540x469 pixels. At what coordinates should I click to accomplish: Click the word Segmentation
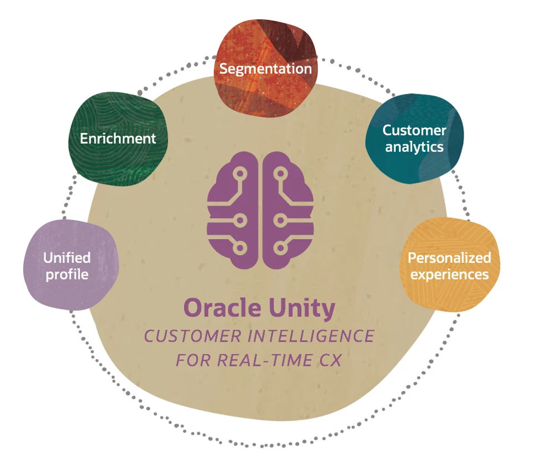tap(265, 69)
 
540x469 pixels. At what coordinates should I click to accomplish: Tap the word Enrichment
tap(118, 138)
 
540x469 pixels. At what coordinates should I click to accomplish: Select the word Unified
tap(67, 257)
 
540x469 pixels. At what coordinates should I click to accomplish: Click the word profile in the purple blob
tap(67, 273)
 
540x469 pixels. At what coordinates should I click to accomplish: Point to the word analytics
tap(414, 147)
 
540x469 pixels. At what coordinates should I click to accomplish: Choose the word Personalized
tap(449, 257)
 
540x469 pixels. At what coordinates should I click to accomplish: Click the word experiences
tap(449, 274)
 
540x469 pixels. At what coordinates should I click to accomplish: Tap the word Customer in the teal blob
tap(414, 130)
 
